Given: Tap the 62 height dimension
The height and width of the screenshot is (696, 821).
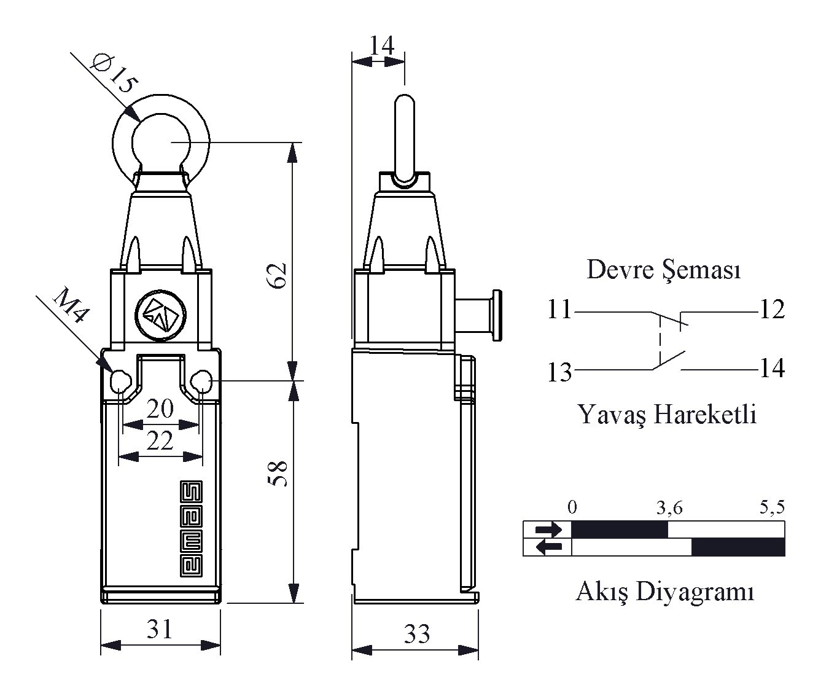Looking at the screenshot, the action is [x=276, y=275].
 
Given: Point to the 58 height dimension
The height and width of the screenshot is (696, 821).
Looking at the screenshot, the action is [x=277, y=474].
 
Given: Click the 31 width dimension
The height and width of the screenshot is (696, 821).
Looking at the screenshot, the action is [x=160, y=629].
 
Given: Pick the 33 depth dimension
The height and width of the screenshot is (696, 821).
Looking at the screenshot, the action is [x=417, y=633].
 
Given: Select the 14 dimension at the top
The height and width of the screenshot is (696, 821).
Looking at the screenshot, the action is [x=382, y=45].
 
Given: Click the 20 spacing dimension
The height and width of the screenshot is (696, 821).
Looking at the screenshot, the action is [x=160, y=409].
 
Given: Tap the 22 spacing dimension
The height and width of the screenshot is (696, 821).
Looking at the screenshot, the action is [x=160, y=440].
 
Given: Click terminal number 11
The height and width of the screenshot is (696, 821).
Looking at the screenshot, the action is [x=559, y=309].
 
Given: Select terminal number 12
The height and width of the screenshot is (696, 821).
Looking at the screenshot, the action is [x=772, y=310].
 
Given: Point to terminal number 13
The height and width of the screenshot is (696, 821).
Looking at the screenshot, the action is [x=559, y=372].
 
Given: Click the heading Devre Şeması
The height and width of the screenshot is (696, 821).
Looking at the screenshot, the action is [x=664, y=270].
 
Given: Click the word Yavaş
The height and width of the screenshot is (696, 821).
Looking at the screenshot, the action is [x=612, y=415].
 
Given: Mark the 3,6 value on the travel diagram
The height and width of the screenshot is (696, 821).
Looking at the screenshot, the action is [x=670, y=507].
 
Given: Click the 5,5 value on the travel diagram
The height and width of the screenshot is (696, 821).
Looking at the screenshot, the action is [x=772, y=507].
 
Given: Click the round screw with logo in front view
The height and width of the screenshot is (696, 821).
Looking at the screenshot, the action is [x=161, y=315].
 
